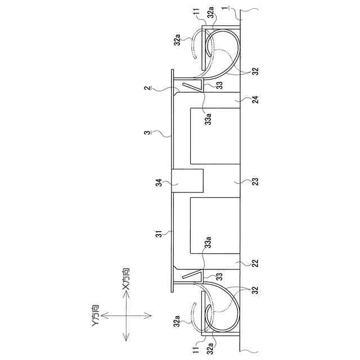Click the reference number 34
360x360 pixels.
click(x=159, y=183)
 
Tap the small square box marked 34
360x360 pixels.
click(x=187, y=181)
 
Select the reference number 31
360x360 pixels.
click(x=159, y=234)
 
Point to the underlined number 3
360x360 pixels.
click(x=148, y=133)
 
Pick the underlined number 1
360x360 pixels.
click(x=225, y=8)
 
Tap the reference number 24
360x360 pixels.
click(x=255, y=100)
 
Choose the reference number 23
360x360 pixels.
click(x=255, y=182)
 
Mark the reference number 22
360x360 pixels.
click(x=255, y=263)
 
